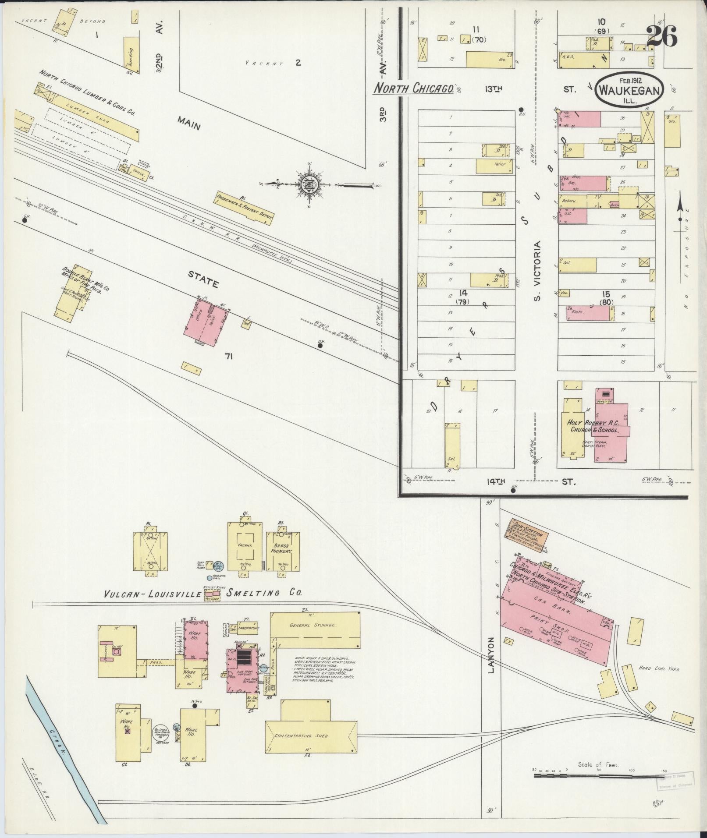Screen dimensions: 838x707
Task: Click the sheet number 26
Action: click(661, 36)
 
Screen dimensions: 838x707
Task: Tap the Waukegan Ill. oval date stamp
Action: click(629, 90)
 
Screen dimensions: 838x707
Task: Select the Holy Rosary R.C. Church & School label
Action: click(593, 426)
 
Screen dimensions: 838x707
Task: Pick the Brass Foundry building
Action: click(283, 550)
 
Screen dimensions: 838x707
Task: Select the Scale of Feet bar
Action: click(598, 775)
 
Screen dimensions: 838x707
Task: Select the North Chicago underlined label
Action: click(413, 88)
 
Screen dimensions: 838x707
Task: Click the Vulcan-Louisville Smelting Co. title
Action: click(203, 594)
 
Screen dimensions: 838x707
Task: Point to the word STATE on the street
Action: click(203, 279)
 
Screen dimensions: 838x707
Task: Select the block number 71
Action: click(228, 357)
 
